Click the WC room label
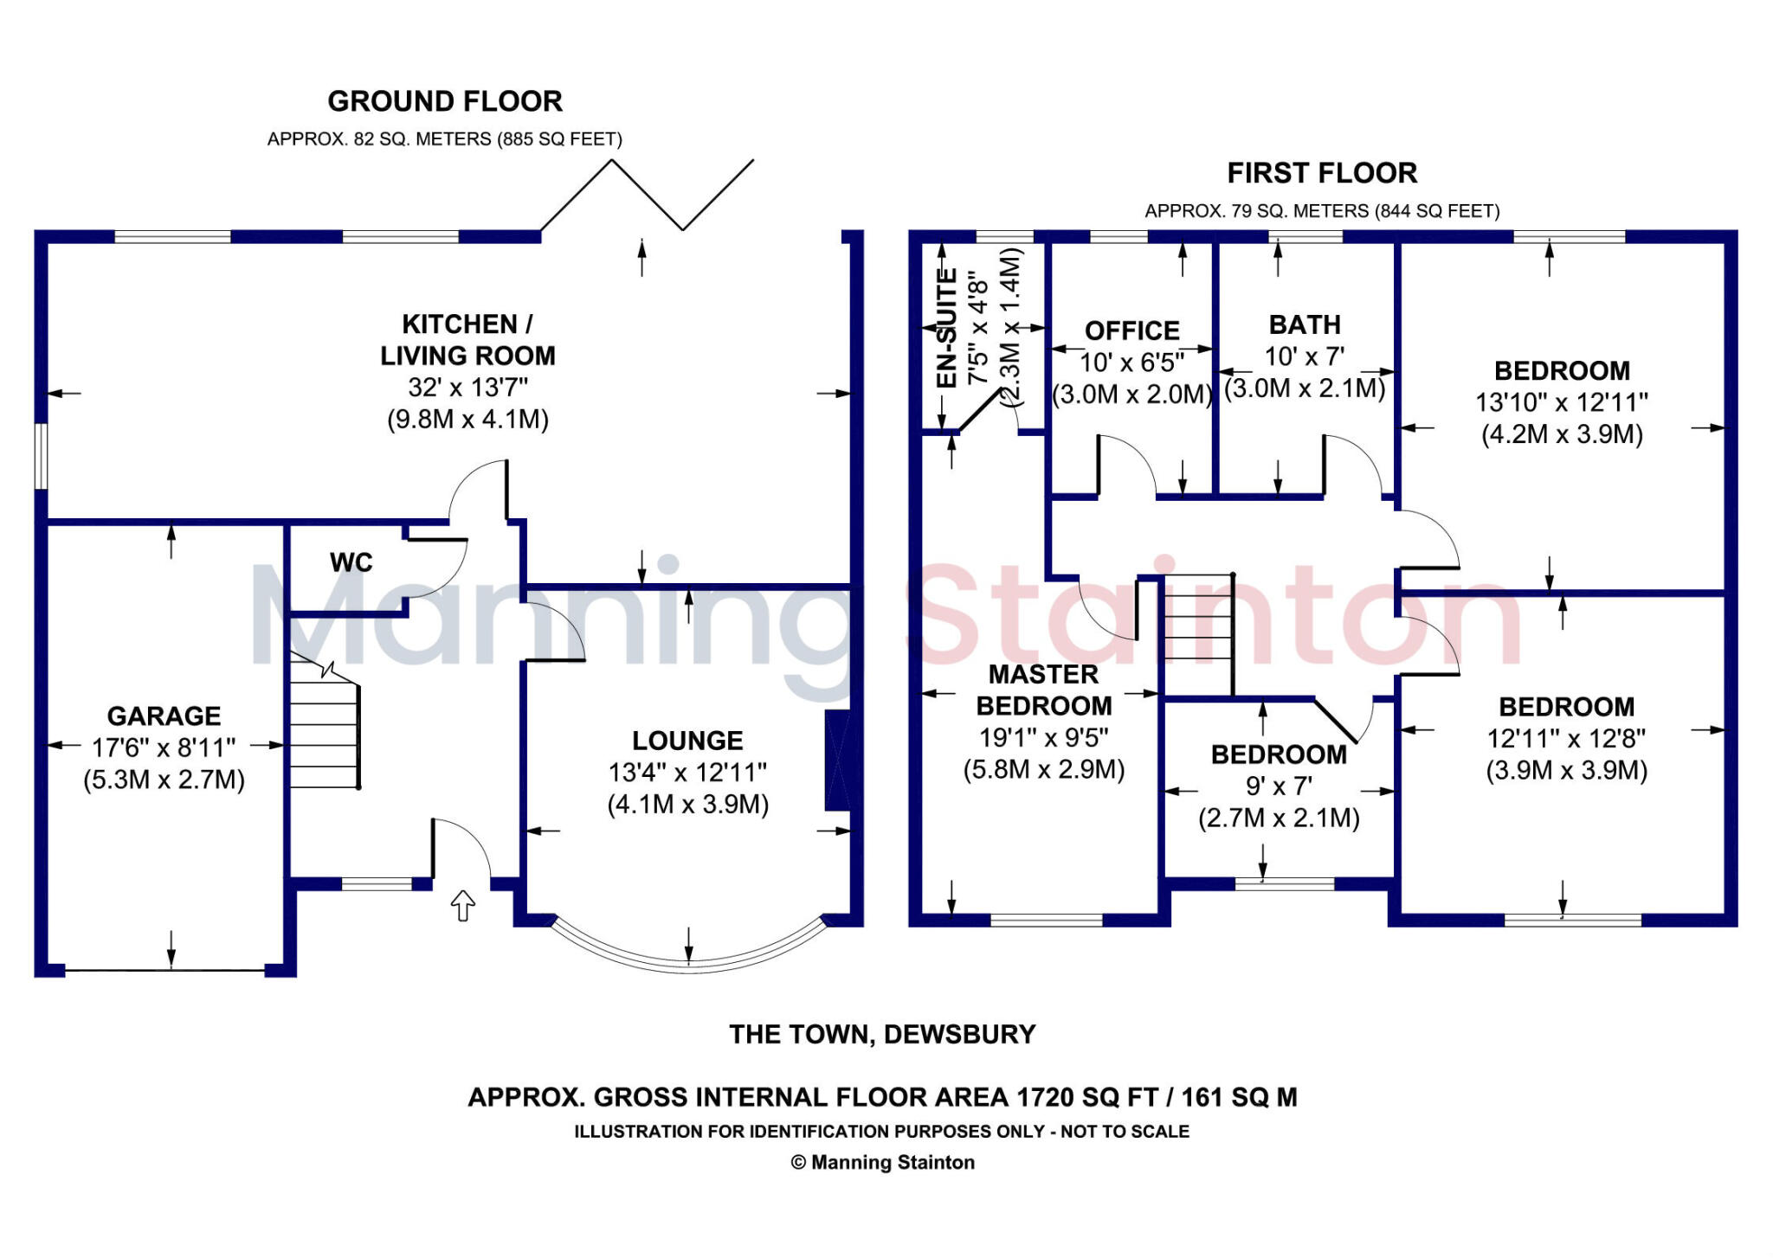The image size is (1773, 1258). [351, 562]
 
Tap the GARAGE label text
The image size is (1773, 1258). [164, 716]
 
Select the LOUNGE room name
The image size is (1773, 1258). [687, 741]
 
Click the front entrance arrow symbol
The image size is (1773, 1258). [463, 905]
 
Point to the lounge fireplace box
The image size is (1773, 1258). [838, 761]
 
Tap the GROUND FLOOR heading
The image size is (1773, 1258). [445, 101]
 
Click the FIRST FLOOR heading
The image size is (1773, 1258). [1322, 173]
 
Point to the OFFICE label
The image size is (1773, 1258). [1132, 331]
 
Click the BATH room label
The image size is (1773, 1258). [1305, 324]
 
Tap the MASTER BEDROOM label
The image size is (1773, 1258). [1043, 690]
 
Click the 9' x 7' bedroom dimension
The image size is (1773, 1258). [1279, 786]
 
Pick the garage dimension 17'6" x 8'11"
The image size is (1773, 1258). [164, 748]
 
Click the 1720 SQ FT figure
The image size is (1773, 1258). [1086, 1097]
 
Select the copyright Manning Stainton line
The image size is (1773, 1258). [883, 1162]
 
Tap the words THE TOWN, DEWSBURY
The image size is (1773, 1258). [882, 1034]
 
